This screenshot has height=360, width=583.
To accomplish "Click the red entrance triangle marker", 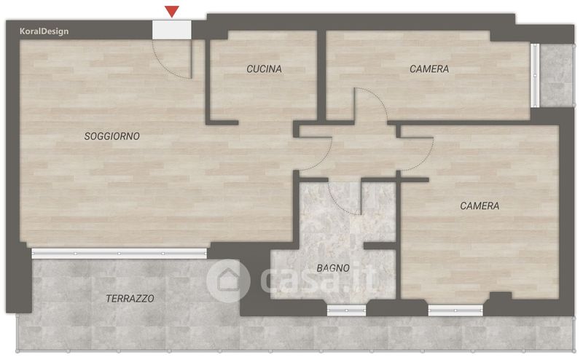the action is coord(172,12).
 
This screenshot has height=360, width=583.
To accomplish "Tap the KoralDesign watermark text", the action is coord(44,31).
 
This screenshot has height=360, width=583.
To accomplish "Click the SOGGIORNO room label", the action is coord(112,136).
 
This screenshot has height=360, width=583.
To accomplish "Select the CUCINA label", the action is coord(264,69).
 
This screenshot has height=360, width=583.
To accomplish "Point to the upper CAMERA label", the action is coord(429,69).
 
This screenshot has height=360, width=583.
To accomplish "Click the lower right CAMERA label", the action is coord(480,206).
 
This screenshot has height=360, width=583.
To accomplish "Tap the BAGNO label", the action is coord(333,267).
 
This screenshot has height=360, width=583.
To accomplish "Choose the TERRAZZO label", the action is coord(130,298).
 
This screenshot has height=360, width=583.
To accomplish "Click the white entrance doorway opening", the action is coord(172,30).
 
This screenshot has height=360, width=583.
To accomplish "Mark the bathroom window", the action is coord(347,310).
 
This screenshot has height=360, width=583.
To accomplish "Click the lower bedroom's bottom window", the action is coord(455,310).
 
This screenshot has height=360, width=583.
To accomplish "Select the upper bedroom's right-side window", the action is coord(535,76).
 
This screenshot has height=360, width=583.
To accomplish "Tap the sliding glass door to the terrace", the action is coord(119,254).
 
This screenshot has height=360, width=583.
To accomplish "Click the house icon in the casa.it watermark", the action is coord(228,280).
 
